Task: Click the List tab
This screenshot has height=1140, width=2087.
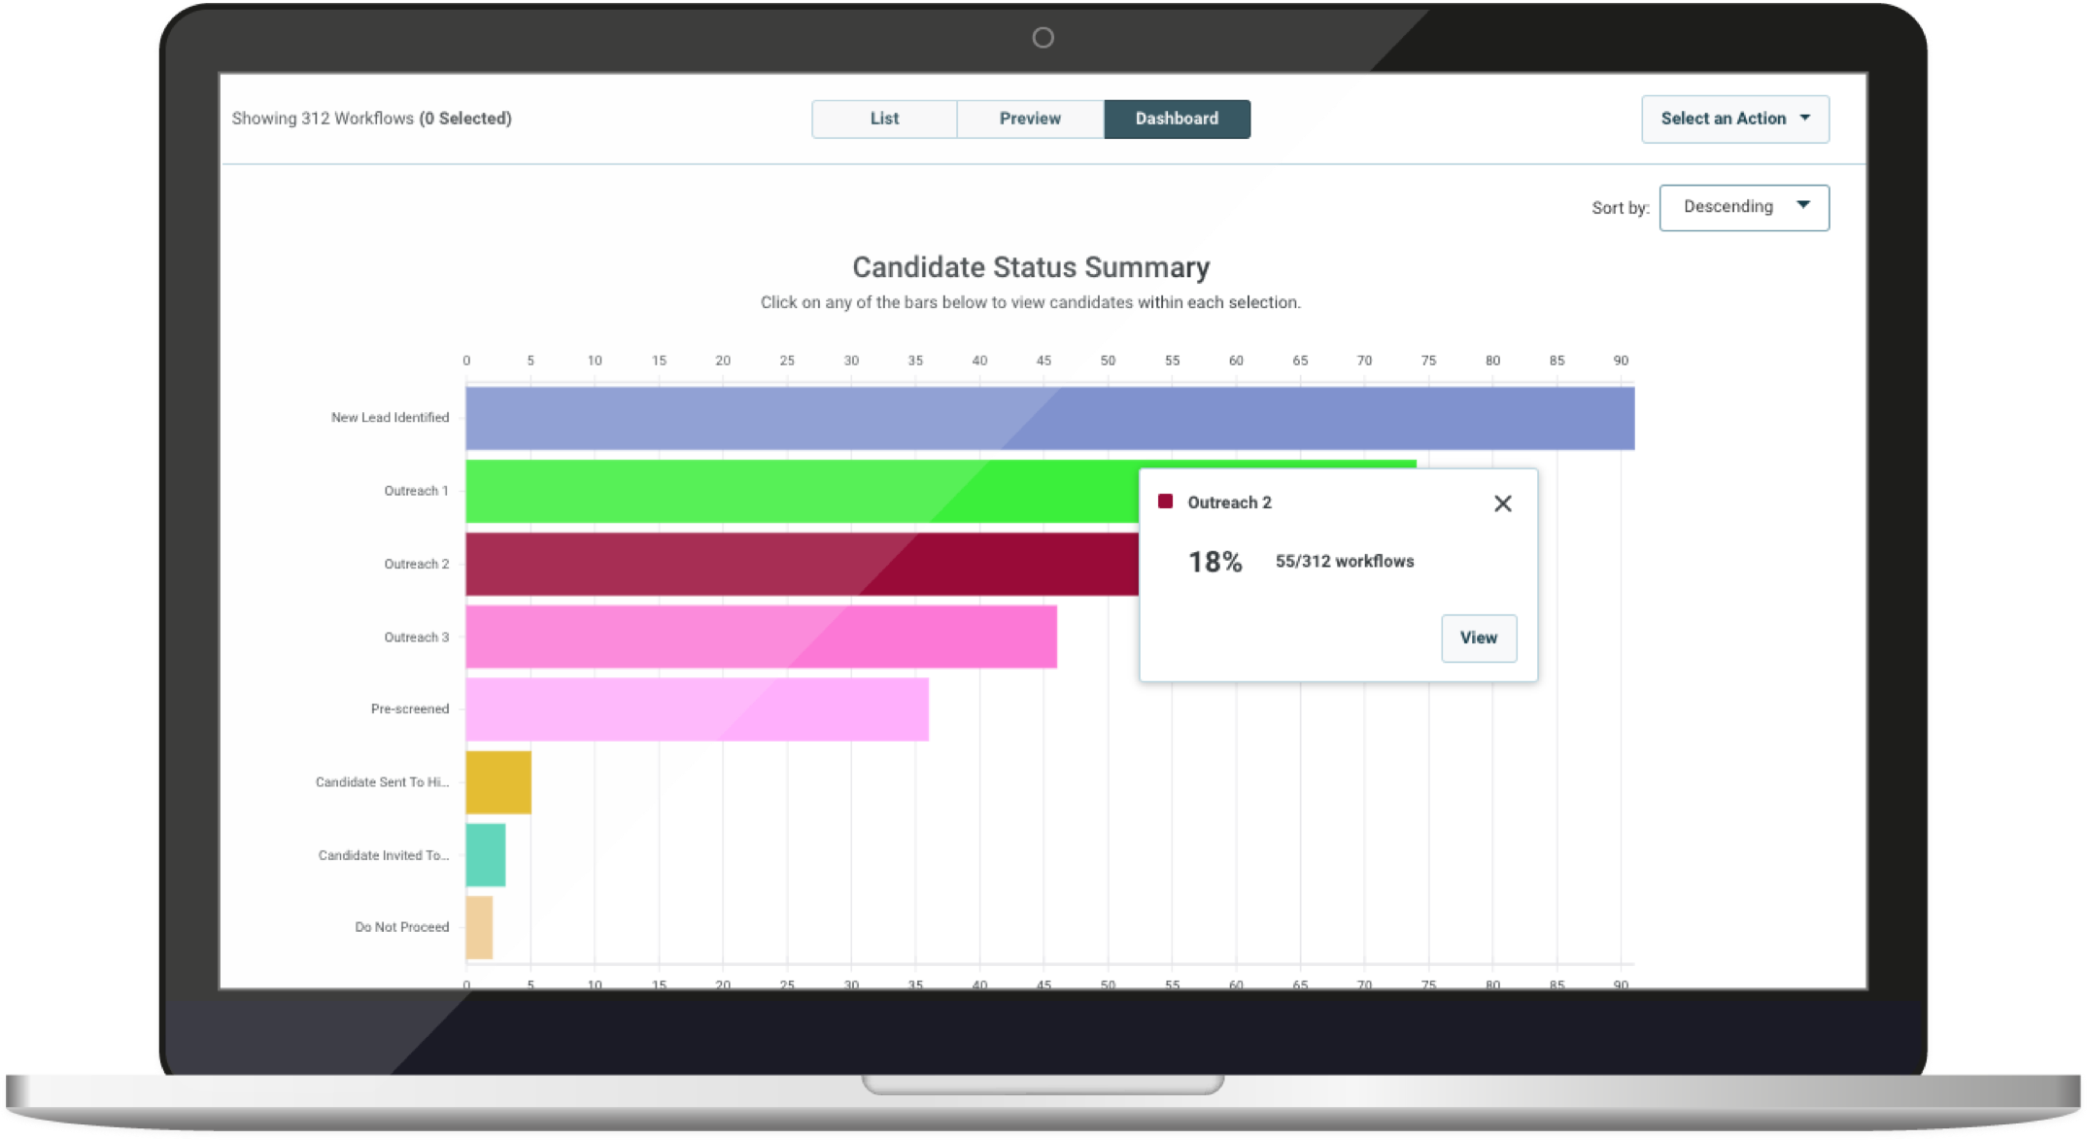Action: pos(884,119)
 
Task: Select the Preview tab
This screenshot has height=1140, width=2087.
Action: pos(1030,119)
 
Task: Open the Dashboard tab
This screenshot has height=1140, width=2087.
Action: pos(1177,119)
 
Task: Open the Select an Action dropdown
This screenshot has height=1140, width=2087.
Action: pos(1734,119)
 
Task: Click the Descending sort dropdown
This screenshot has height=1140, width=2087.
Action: pos(1743,207)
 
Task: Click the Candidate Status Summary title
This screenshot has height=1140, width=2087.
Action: pos(1030,267)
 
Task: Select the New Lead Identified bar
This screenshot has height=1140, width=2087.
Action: pos(1049,418)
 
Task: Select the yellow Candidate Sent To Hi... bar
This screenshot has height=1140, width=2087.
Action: pos(498,782)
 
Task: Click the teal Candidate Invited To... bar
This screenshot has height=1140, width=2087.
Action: pos(486,855)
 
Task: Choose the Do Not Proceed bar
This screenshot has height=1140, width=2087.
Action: pos(479,927)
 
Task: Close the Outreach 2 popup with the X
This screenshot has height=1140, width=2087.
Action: pos(1502,503)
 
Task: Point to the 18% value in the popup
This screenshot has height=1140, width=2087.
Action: pos(1215,562)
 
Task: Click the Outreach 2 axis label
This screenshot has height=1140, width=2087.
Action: pos(416,564)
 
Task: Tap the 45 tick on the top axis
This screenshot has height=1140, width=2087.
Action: pos(1043,361)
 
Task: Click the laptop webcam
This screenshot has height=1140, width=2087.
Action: pos(1043,38)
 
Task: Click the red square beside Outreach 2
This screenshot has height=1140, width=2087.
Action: pos(1165,501)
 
